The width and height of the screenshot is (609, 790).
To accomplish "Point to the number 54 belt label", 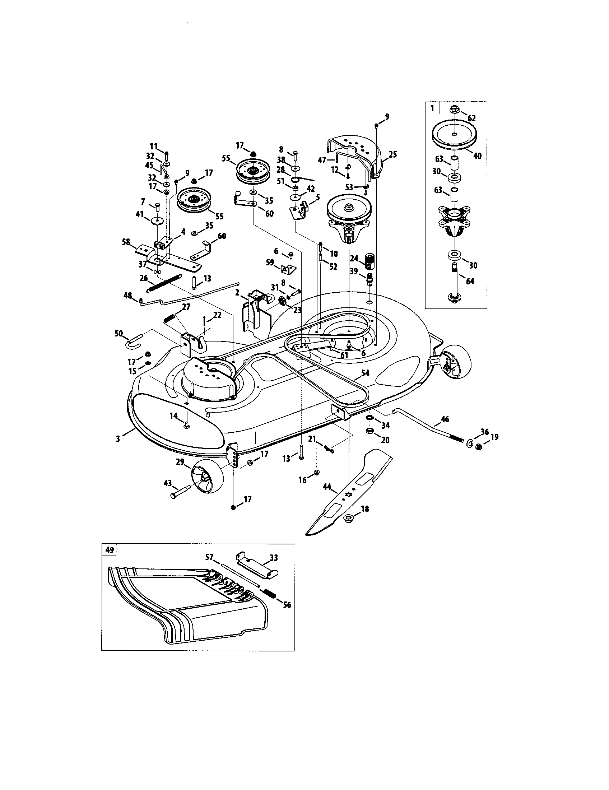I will click(366, 373).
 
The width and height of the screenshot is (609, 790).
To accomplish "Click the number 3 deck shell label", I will click(118, 439).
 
